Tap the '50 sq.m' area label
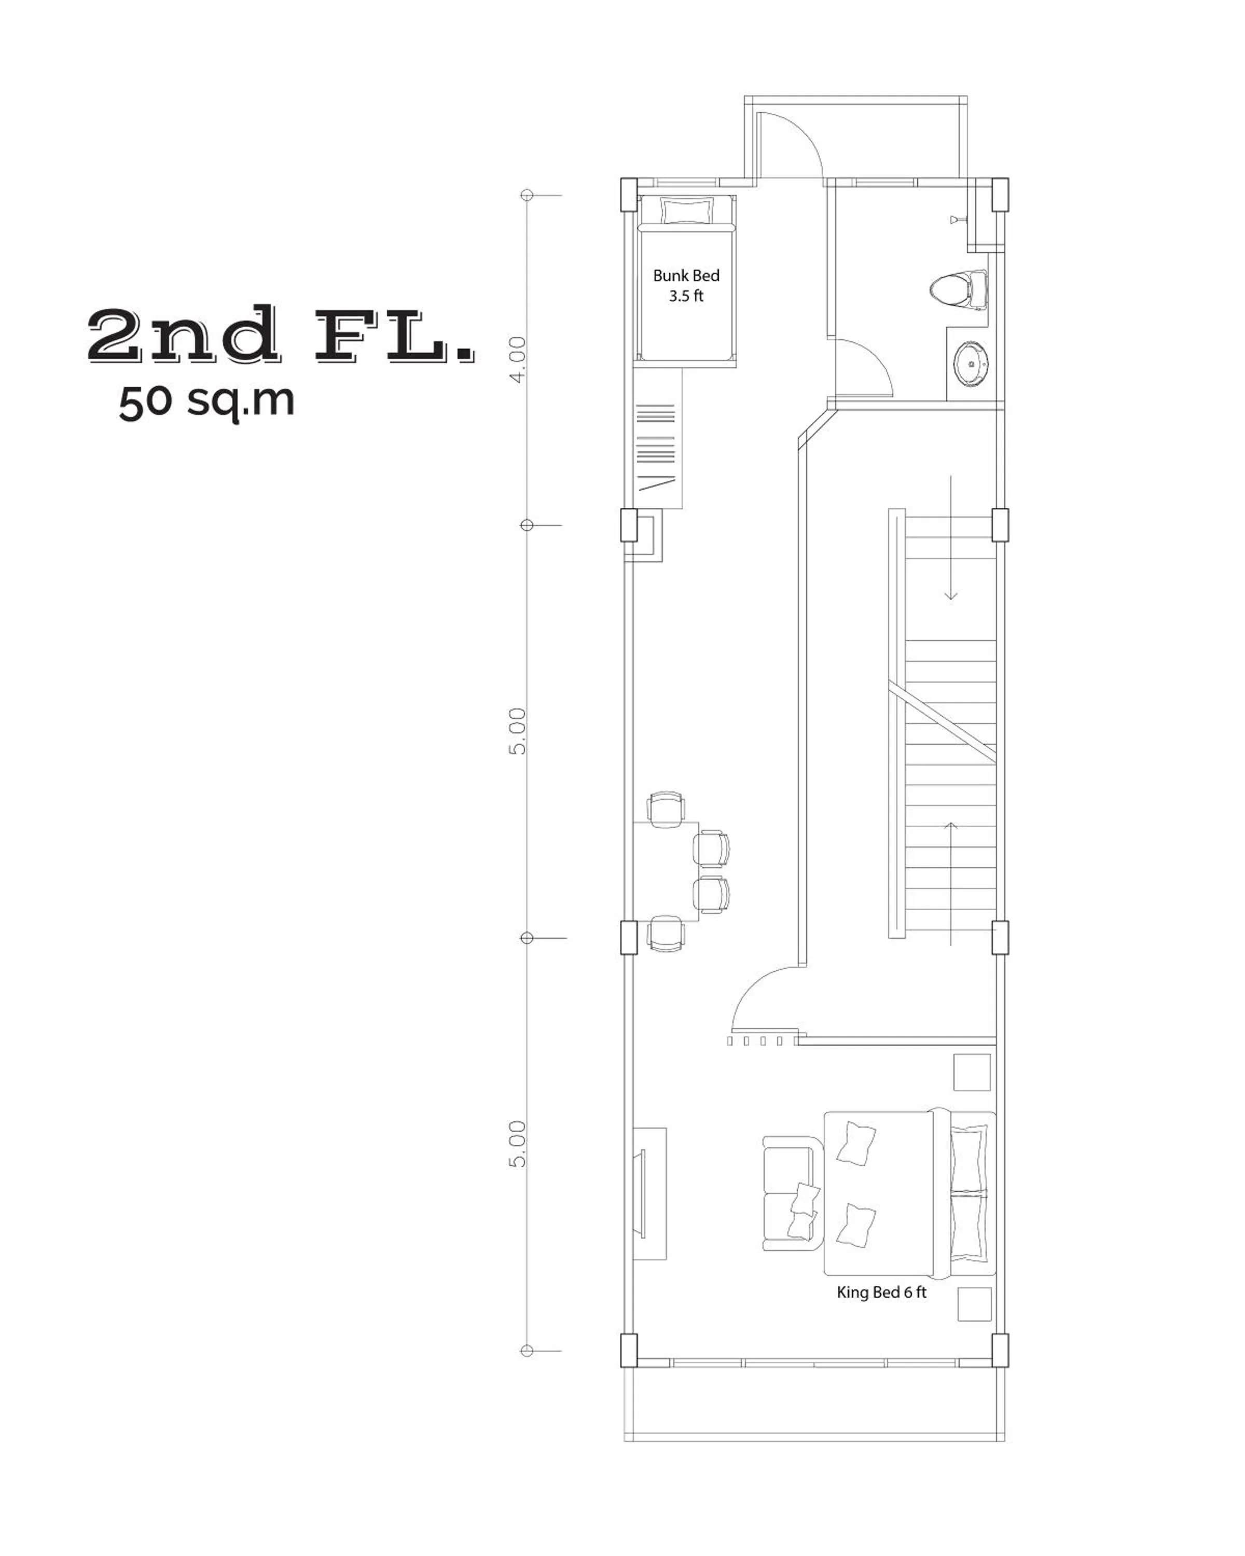click(x=206, y=401)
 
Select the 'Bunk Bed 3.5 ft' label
click(x=686, y=285)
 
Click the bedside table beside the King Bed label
click(x=974, y=1304)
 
